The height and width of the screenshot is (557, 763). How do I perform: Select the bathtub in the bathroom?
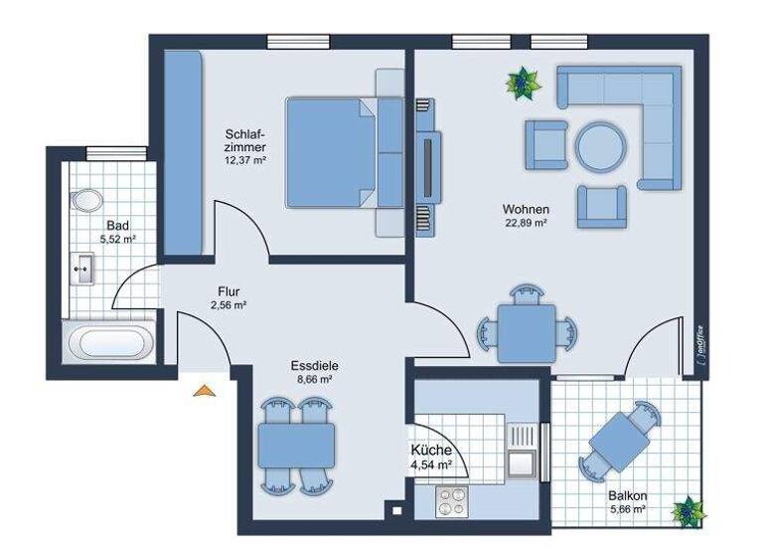[110, 344]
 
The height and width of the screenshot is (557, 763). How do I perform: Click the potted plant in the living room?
[521, 84]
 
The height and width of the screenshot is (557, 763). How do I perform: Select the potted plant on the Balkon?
[685, 511]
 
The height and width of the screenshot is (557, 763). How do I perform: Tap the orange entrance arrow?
[205, 390]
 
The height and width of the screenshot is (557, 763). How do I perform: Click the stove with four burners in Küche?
[453, 501]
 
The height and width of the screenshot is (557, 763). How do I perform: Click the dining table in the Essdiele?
[296, 446]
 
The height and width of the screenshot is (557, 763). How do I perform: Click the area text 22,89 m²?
[526, 224]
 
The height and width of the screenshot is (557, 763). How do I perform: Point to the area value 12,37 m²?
[244, 159]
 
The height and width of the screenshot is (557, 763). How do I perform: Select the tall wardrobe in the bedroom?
[184, 149]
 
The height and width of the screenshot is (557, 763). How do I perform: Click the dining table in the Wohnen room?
[527, 332]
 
